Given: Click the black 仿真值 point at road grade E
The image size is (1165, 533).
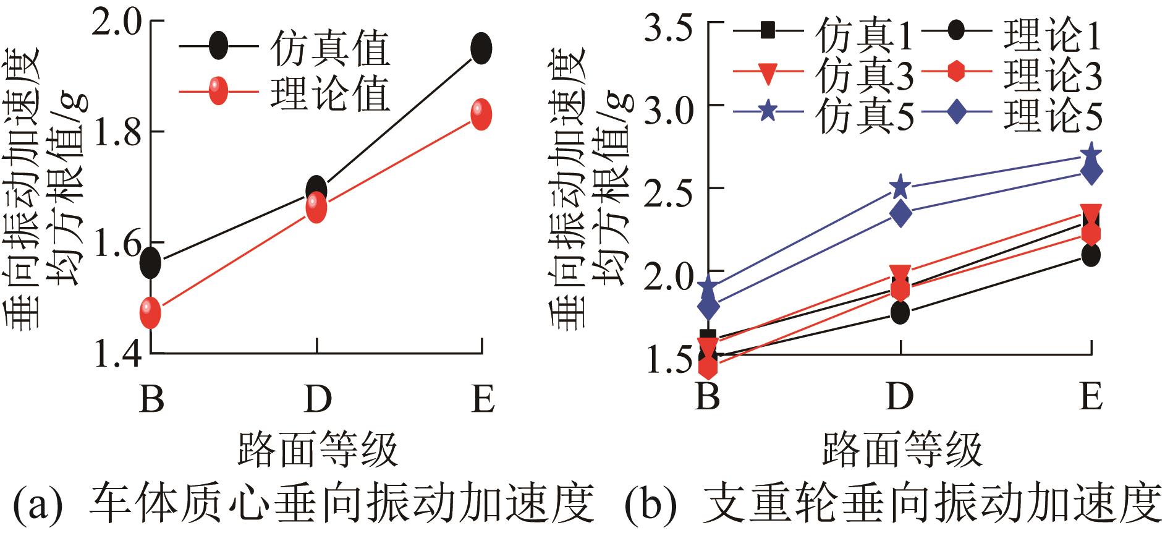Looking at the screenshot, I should pos(481,48).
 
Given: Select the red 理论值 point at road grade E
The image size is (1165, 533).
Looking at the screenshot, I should pos(481,115).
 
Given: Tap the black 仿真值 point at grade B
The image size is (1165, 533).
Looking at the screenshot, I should pos(150,263).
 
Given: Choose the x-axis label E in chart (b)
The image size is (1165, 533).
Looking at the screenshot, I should pos(1090,396).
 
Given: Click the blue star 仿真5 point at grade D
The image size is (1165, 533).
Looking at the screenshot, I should pos(900,186).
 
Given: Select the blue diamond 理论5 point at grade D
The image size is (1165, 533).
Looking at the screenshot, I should pos(900,213).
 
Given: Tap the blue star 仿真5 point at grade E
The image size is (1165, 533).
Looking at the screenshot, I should pos(1091,154).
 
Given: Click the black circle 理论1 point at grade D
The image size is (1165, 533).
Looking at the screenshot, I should pos(900,312).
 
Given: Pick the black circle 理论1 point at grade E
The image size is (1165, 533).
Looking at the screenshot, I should pos(1091,255).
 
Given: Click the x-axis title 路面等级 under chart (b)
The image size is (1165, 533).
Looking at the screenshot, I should pos(903,450).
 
